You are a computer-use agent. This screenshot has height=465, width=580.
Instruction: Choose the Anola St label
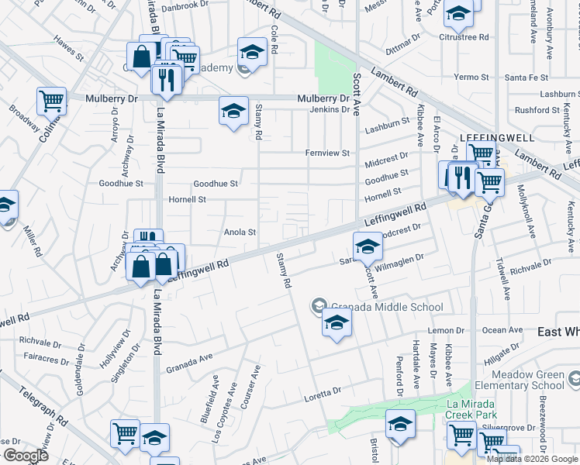[x=240, y=232]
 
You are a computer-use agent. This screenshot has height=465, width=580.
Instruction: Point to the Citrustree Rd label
[x=464, y=36]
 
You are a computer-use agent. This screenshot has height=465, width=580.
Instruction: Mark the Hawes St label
[x=68, y=48]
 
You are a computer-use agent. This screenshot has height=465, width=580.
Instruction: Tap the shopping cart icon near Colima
[x=50, y=100]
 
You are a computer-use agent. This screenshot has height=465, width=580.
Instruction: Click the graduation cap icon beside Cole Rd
[x=251, y=51]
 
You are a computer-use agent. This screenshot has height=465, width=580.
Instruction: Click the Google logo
[x=26, y=456]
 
